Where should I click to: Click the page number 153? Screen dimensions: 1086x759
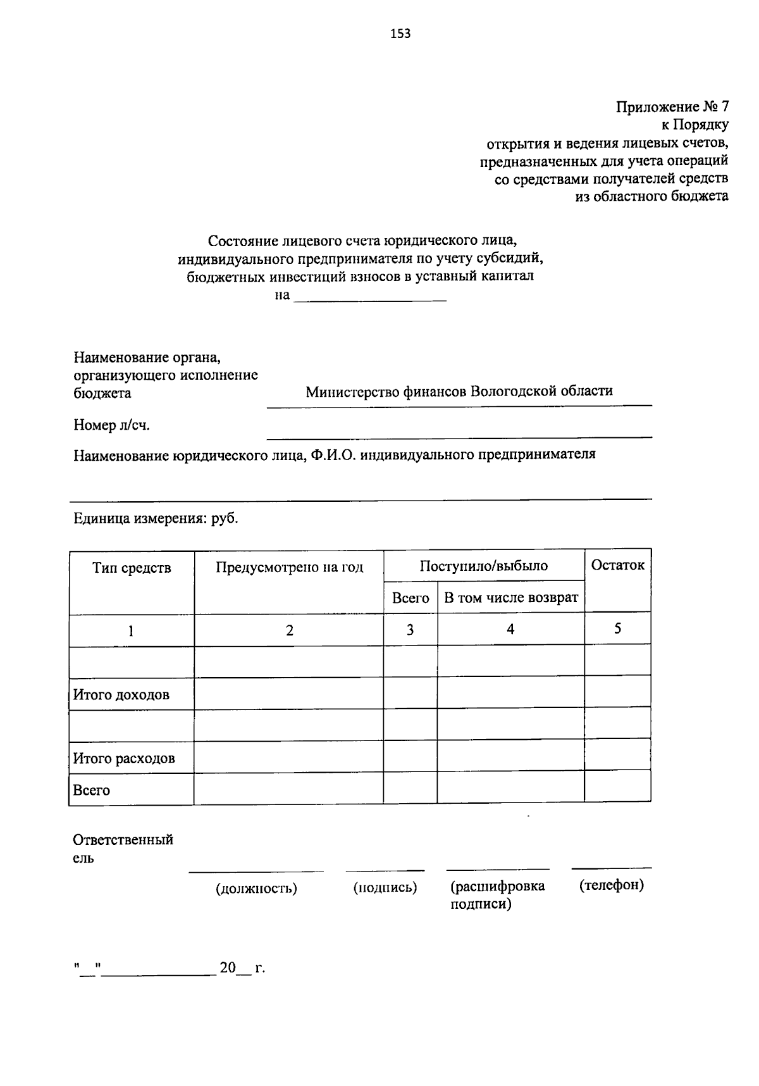tap(400, 34)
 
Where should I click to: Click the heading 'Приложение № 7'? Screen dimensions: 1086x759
tap(672, 106)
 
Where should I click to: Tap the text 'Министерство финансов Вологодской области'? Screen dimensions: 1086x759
tap(459, 390)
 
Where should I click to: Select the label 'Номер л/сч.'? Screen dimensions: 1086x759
tap(111, 425)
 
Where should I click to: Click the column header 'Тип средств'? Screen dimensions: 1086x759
tap(132, 568)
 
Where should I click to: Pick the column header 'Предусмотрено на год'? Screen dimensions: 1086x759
tap(289, 567)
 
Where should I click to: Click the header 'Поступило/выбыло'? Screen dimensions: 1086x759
tap(483, 566)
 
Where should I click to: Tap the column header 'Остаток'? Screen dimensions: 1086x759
tap(617, 565)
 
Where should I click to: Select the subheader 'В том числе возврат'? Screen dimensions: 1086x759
tap(510, 598)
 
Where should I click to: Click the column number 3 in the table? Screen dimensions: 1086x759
tap(410, 630)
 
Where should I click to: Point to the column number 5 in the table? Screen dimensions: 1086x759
tap(617, 628)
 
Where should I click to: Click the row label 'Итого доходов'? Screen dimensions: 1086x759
tap(121, 695)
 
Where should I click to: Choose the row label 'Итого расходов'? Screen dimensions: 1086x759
tap(124, 758)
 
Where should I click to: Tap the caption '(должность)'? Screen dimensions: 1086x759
tap(256, 889)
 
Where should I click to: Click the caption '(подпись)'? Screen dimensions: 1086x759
tap(385, 887)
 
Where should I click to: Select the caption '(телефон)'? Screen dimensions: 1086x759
tap(611, 885)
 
